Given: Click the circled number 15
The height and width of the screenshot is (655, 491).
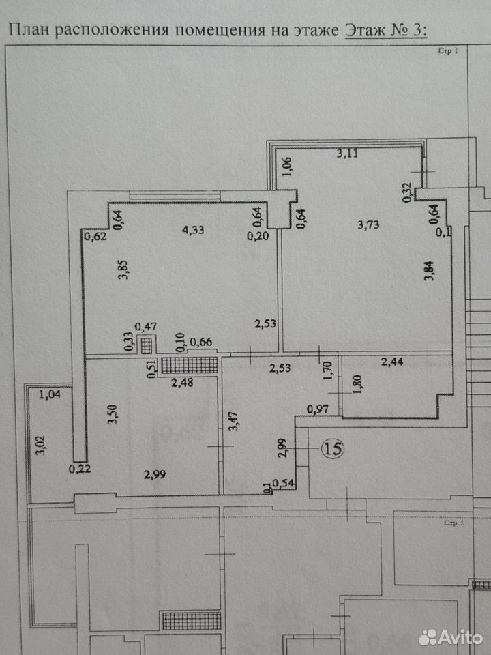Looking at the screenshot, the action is click(x=333, y=448).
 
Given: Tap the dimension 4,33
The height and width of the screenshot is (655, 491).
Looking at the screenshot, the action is click(x=193, y=229).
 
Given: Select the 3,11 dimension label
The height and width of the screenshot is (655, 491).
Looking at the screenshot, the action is click(x=347, y=153).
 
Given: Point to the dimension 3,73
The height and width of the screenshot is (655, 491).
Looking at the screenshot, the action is click(x=369, y=224).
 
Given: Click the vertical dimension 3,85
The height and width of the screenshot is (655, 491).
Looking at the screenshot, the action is click(x=123, y=270).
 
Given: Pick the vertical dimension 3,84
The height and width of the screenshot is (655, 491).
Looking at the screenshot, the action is click(x=429, y=271).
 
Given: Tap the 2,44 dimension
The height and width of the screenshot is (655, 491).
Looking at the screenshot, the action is click(x=393, y=362).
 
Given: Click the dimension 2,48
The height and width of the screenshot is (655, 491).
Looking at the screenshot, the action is click(x=183, y=382).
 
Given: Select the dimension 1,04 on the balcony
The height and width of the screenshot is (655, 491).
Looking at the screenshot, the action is click(x=50, y=394).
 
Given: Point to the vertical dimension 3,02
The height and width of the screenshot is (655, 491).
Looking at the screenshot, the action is click(x=40, y=446).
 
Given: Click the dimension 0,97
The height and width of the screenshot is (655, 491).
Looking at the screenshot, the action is click(x=318, y=410).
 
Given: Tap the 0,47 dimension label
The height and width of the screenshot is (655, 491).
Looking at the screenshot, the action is click(x=146, y=327).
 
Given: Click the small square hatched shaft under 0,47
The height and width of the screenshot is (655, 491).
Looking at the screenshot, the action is click(x=146, y=346).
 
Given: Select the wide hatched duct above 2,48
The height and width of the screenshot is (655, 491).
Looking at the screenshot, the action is click(x=190, y=365).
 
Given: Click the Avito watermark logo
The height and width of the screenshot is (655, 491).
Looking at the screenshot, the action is click(x=450, y=638).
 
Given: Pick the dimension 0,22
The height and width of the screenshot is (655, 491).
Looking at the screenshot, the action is click(x=80, y=469).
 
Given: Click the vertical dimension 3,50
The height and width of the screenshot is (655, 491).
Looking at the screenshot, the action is click(x=113, y=414).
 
